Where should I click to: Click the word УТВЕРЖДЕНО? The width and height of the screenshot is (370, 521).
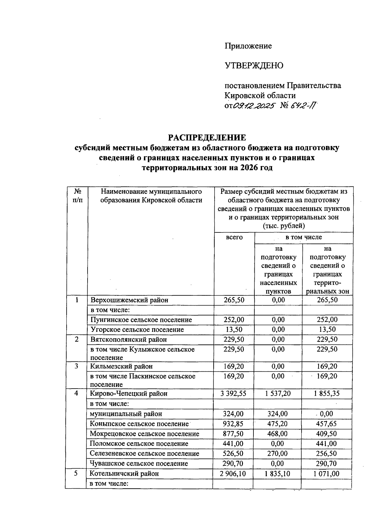point(254,66)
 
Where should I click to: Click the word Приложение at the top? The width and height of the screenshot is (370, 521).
point(248,46)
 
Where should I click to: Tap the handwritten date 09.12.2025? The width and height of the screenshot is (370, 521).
point(254,106)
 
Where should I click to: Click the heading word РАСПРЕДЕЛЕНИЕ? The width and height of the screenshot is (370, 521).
point(207,138)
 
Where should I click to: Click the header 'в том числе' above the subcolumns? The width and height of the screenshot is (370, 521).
point(303,237)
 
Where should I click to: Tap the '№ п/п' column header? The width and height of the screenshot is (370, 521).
point(78,196)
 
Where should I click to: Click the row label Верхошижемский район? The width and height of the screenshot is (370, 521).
point(129,300)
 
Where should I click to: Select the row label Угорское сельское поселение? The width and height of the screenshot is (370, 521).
point(137,330)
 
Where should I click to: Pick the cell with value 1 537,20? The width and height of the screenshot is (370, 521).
point(278,394)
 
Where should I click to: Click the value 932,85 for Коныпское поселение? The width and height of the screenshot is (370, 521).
point(233,424)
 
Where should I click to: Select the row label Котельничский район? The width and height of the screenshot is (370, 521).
point(124,473)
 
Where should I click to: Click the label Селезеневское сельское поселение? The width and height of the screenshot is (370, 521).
point(144,454)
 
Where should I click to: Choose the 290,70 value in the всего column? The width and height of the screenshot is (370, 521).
point(233,464)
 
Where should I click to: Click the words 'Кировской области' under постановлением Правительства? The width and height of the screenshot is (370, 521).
point(260,96)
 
